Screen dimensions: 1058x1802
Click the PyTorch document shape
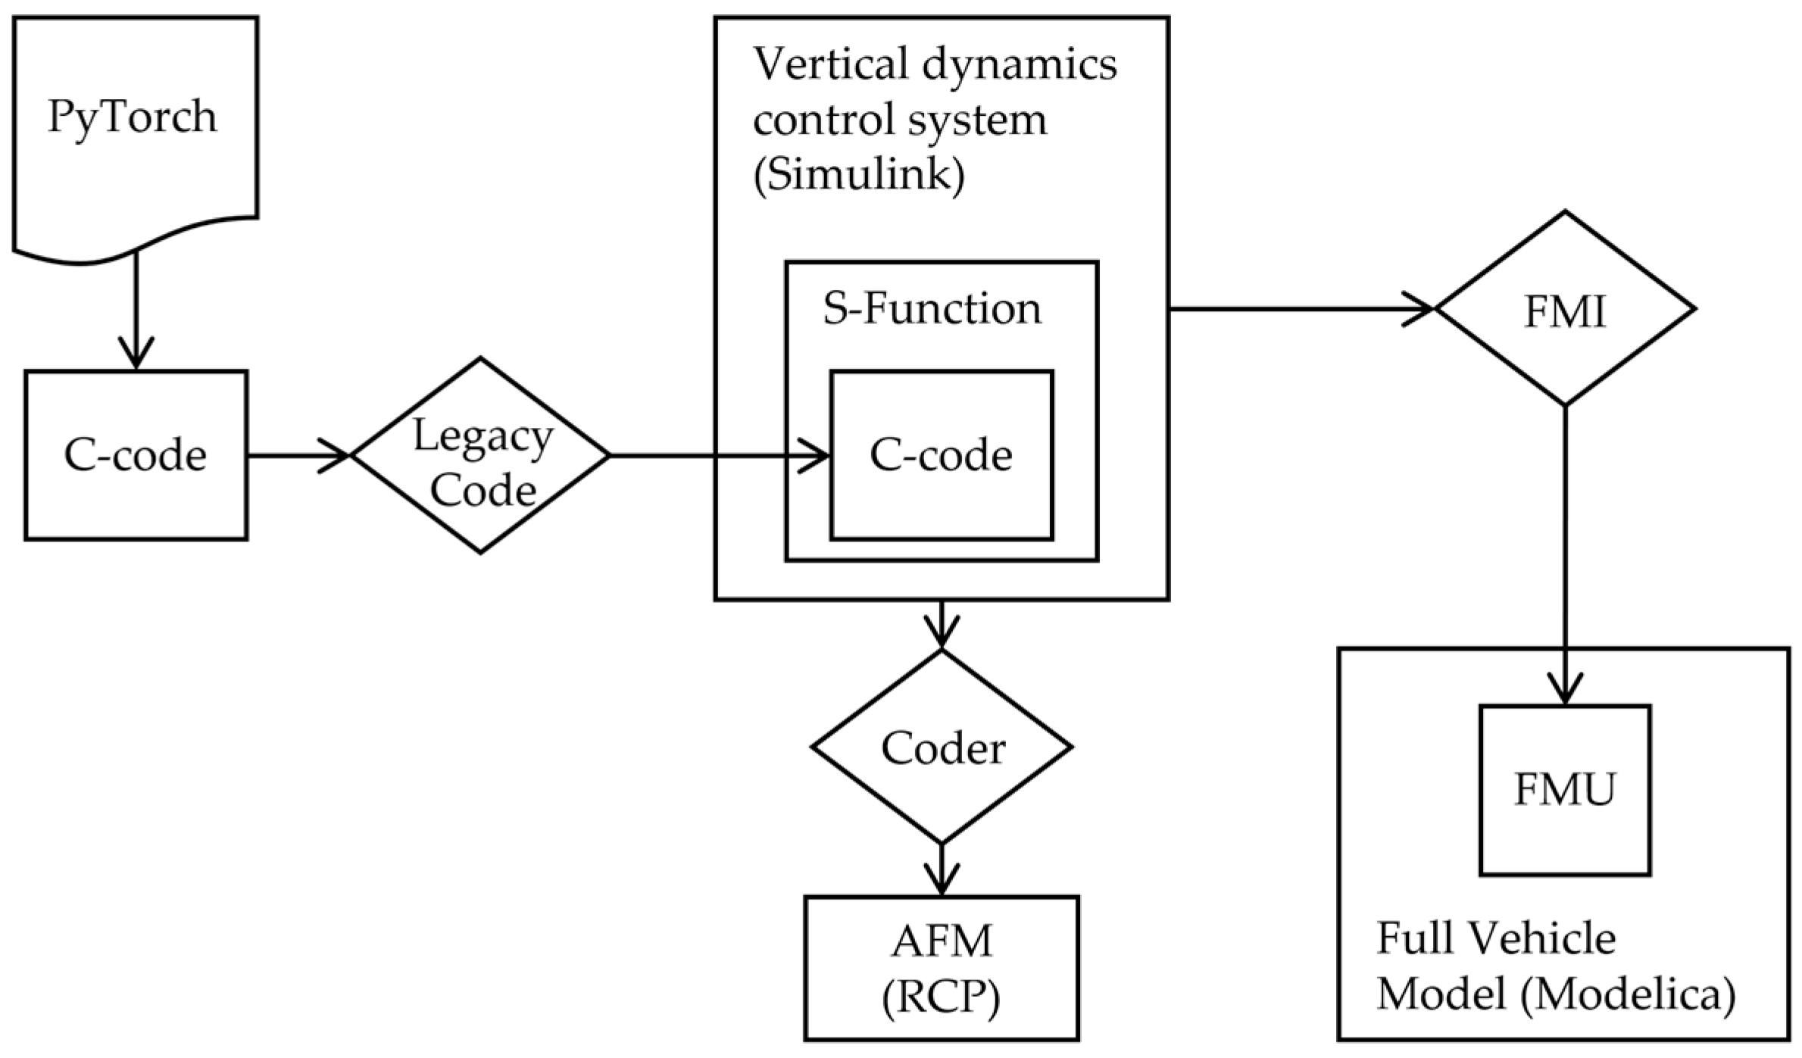point(135,129)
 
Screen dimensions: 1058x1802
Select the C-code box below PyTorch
point(136,455)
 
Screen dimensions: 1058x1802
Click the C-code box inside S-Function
point(941,455)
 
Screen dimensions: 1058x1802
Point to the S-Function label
point(932,309)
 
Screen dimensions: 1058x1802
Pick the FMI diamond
point(1565,309)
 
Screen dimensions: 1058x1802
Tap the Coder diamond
point(942,747)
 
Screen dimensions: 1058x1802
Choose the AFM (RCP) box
point(942,969)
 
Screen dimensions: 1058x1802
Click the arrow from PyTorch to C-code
point(136,311)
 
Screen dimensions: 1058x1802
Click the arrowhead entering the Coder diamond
point(942,633)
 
